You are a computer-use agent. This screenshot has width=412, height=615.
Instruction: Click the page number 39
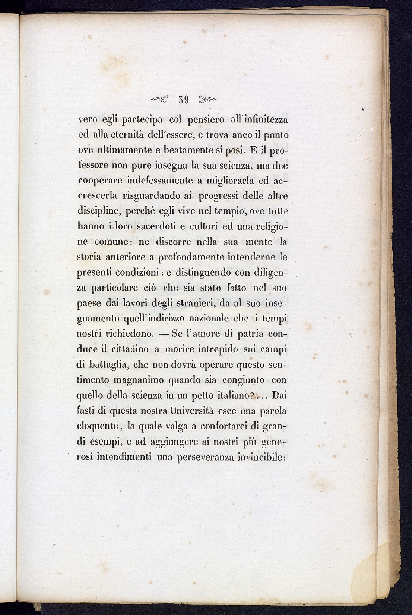(184, 100)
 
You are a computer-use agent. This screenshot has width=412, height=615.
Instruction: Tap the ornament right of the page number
(208, 100)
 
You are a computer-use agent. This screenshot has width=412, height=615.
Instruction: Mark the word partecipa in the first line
(138, 120)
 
